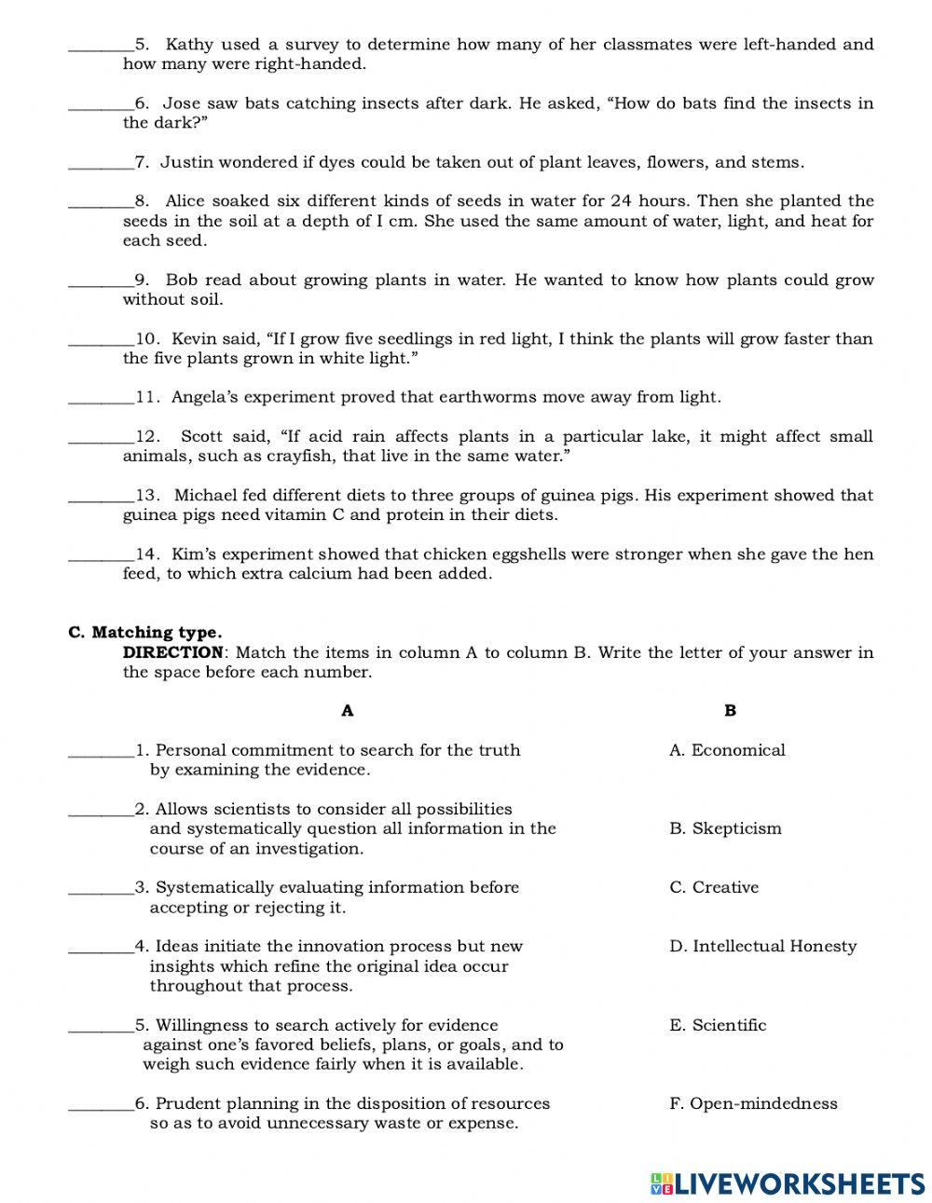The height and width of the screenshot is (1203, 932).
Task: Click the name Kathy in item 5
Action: click(x=189, y=44)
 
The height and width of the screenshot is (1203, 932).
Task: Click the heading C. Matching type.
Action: click(x=144, y=632)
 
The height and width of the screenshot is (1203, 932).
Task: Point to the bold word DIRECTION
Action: click(x=173, y=652)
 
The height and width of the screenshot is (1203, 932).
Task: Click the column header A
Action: click(x=347, y=710)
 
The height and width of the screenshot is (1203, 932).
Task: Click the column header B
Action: click(x=730, y=710)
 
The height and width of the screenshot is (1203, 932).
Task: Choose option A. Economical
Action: click(x=727, y=750)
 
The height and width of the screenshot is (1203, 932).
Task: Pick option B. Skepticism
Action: click(x=725, y=828)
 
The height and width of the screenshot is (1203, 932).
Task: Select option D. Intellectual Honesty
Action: click(x=762, y=946)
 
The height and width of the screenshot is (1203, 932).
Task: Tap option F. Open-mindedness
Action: click(x=753, y=1103)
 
